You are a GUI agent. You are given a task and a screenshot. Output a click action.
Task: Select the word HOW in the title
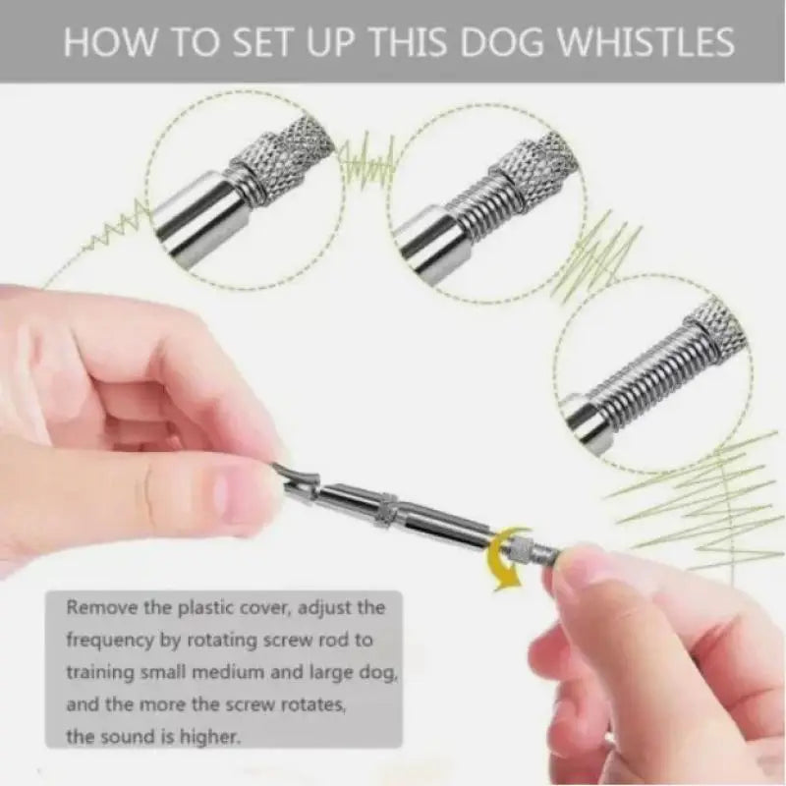tap(107, 43)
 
